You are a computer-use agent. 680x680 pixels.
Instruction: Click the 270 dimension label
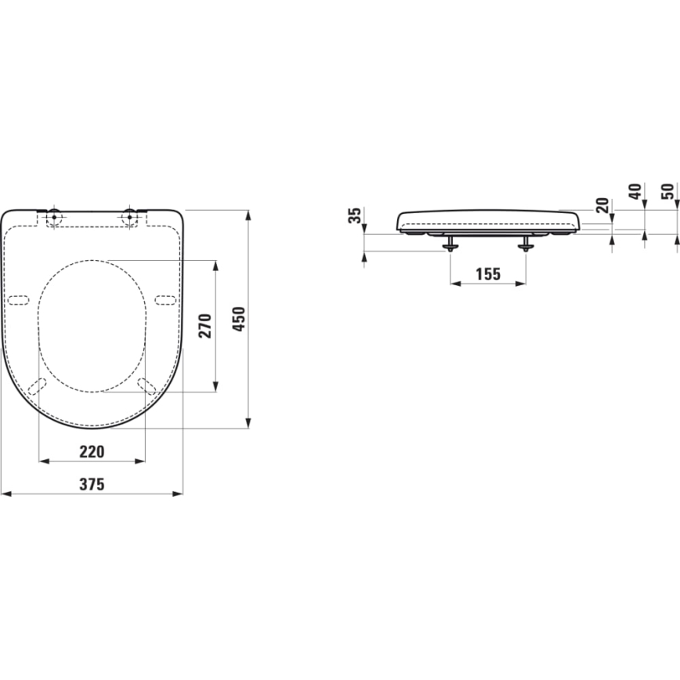pos(204,325)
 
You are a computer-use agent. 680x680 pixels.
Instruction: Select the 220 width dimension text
pos(92,451)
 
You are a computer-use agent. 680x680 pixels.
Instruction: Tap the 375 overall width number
pos(92,484)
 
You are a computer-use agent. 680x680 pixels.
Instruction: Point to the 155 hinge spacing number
pos(486,273)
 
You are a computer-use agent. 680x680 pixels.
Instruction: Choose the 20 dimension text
pos(602,205)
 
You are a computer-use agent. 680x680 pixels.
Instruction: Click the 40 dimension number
pos(635,190)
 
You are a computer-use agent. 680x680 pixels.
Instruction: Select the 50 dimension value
pos(667,190)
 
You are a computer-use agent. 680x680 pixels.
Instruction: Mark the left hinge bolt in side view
pos(450,245)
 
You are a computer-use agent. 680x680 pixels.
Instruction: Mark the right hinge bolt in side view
pos(525,245)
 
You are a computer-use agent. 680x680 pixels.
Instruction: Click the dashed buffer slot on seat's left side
pos(17,298)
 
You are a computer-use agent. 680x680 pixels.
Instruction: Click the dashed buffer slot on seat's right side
pos(165,298)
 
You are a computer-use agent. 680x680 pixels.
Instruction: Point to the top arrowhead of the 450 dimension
pos(248,215)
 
